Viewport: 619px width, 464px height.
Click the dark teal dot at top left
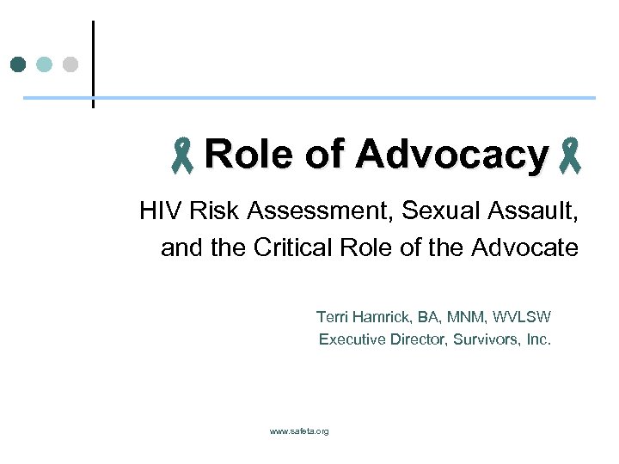pos(18,64)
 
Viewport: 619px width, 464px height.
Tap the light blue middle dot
pos(45,64)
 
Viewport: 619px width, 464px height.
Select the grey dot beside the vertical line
pos(70,64)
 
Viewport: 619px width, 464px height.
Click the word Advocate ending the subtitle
pos(525,248)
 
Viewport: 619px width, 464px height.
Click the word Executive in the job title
pos(352,339)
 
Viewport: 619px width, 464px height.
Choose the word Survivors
pos(487,339)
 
